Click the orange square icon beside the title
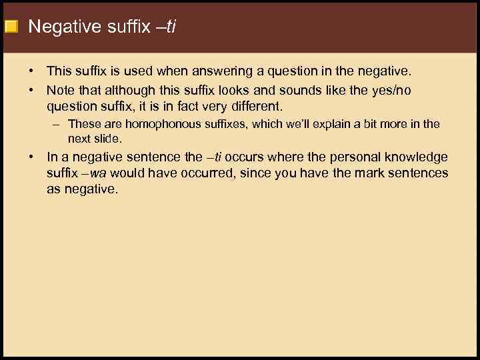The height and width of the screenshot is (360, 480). (x=11, y=27)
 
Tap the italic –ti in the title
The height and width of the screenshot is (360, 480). (x=165, y=27)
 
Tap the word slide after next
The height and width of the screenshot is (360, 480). (x=107, y=139)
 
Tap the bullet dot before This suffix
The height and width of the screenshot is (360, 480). (x=31, y=71)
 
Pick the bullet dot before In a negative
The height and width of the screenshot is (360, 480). (x=31, y=157)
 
